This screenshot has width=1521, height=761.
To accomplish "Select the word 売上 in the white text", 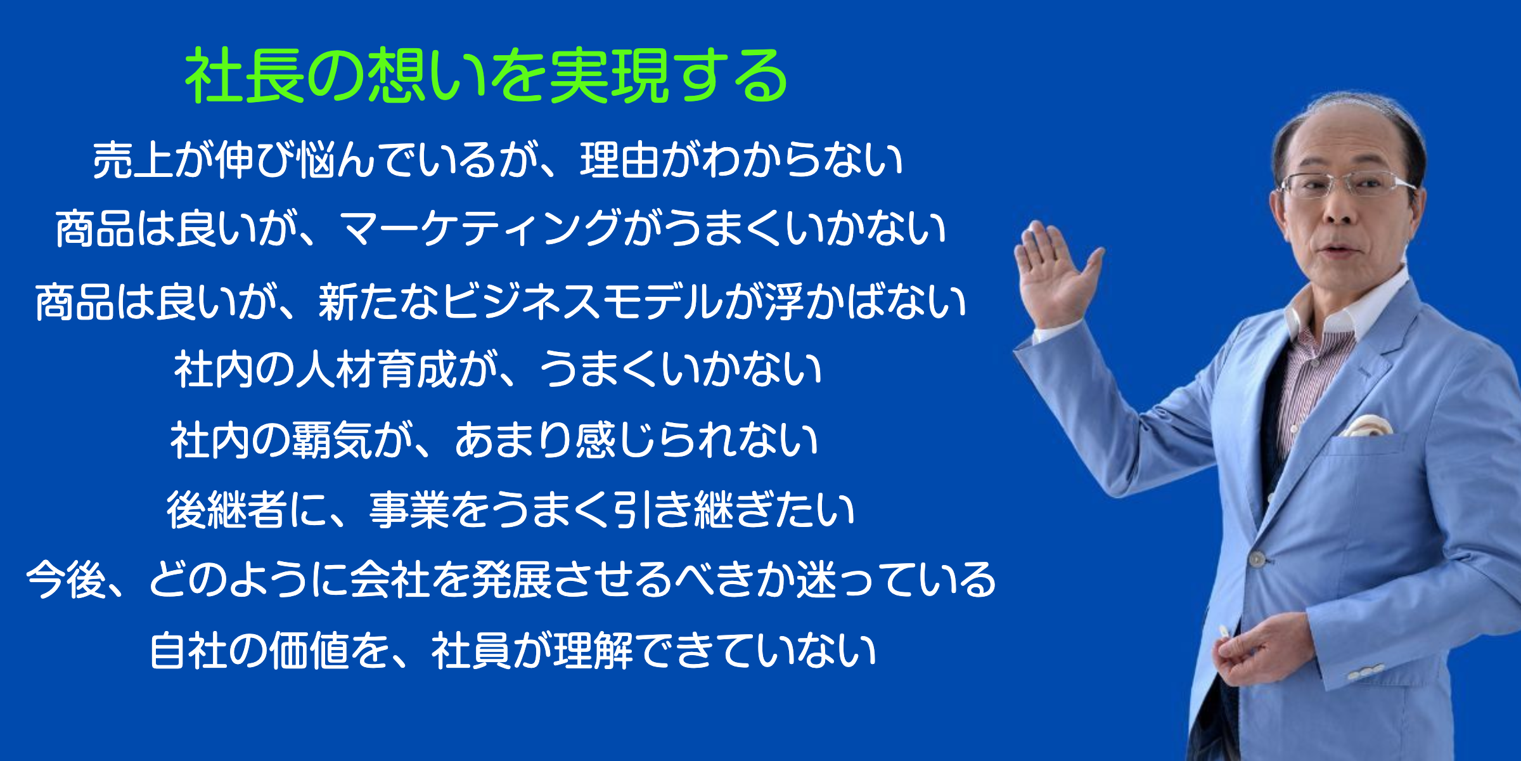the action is tap(132, 160).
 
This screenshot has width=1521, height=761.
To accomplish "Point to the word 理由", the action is tap(620, 160).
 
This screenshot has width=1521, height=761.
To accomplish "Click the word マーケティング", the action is tap(480, 229).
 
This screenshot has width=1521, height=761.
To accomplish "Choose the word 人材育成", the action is tap(376, 370).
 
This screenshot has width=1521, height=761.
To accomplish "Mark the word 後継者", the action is tap(227, 511).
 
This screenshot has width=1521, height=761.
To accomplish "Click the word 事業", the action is tap(409, 511).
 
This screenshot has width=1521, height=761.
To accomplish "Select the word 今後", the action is tap(66, 580).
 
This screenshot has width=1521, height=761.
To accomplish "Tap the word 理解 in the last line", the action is tap(593, 651).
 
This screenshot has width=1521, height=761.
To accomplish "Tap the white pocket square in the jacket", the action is tap(1369, 426).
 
